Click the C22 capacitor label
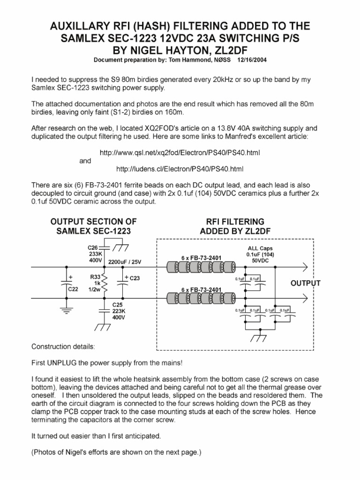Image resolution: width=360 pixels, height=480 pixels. (x=73, y=289)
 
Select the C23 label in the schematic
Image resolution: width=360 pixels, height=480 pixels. (x=135, y=278)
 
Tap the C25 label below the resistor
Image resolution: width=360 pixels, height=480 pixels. (x=117, y=305)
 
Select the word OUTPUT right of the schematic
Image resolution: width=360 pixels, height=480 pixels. (x=306, y=284)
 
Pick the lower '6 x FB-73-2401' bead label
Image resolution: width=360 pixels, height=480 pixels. (x=201, y=289)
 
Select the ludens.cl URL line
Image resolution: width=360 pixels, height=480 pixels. (x=180, y=169)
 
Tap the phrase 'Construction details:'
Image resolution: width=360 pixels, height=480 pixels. (x=63, y=347)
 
